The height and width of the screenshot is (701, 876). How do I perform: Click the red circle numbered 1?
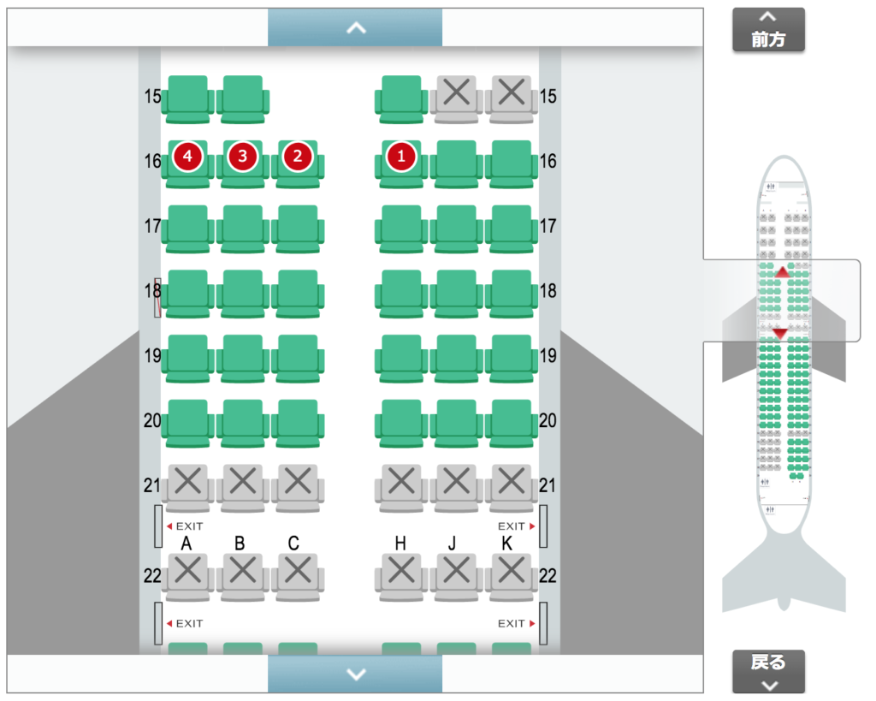[x=401, y=157]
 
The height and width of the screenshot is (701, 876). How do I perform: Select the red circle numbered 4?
[x=187, y=157]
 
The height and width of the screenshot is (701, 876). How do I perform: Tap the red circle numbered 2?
[x=298, y=157]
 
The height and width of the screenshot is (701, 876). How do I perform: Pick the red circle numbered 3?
[x=242, y=157]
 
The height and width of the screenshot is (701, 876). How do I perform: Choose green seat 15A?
[x=187, y=99]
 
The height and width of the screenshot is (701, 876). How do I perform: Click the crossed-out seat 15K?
[x=512, y=99]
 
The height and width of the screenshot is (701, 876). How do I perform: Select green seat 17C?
[x=298, y=229]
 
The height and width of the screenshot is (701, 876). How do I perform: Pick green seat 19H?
[x=401, y=359]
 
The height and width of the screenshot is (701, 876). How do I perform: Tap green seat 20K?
[x=512, y=423]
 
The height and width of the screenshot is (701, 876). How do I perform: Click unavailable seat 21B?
[x=242, y=488]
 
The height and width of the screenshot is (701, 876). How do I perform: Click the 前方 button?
[x=769, y=30]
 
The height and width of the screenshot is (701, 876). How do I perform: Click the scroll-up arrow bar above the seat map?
[x=355, y=27]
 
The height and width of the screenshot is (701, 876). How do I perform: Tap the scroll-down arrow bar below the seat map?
[x=355, y=674]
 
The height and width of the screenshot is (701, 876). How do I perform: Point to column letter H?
[x=400, y=543]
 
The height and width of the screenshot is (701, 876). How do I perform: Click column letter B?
[x=240, y=543]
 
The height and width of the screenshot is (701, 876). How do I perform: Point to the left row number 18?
[x=152, y=291]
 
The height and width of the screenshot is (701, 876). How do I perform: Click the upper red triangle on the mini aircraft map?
[x=782, y=272]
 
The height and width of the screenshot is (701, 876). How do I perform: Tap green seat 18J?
[x=457, y=294]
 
